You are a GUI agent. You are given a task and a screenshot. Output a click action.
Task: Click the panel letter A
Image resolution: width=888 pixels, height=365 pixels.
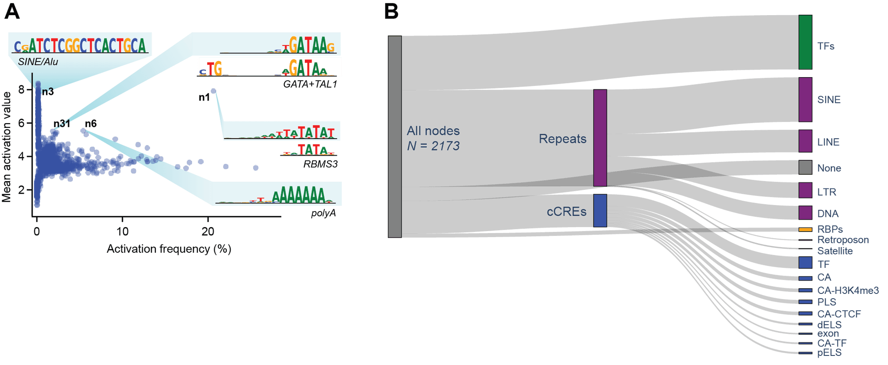[12, 12]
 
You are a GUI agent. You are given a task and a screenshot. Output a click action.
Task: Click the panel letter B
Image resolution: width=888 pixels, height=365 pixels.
[391, 12]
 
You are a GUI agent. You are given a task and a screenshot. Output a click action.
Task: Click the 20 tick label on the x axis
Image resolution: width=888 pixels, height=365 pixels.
[208, 231]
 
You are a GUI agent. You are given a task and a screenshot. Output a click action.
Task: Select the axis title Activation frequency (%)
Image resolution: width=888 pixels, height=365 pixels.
[169, 249]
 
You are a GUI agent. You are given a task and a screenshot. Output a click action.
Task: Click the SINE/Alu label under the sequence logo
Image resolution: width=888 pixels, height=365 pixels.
[38, 62]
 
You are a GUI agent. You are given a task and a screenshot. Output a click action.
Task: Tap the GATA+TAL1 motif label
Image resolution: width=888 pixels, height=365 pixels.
[310, 84]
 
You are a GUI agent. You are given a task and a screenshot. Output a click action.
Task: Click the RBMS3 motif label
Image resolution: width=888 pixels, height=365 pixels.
[320, 164]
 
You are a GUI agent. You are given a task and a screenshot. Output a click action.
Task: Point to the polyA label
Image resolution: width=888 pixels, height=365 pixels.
[323, 213]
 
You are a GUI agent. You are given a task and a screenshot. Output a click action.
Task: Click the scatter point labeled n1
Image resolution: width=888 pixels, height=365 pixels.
[213, 91]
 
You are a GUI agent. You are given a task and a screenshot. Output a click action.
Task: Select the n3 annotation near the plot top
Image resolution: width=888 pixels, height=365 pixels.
[48, 92]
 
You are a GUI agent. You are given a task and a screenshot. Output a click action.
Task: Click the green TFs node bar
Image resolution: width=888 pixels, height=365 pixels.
[805, 42]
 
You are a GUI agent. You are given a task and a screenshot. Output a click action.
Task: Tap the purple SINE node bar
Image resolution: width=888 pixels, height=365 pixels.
[805, 100]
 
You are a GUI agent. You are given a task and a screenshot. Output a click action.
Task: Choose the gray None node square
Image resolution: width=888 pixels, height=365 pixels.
[805, 167]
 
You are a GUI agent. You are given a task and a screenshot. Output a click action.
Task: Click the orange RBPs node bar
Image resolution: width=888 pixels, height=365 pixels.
[805, 229]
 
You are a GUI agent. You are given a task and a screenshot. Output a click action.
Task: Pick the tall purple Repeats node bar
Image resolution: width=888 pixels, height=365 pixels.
[600, 138]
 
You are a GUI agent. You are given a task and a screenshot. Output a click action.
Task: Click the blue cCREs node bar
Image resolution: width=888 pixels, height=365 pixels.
[600, 211]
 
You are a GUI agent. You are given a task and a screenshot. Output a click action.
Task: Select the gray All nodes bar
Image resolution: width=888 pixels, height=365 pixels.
[395, 137]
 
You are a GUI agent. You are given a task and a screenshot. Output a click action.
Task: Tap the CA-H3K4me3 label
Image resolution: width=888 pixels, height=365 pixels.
[847, 290]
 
